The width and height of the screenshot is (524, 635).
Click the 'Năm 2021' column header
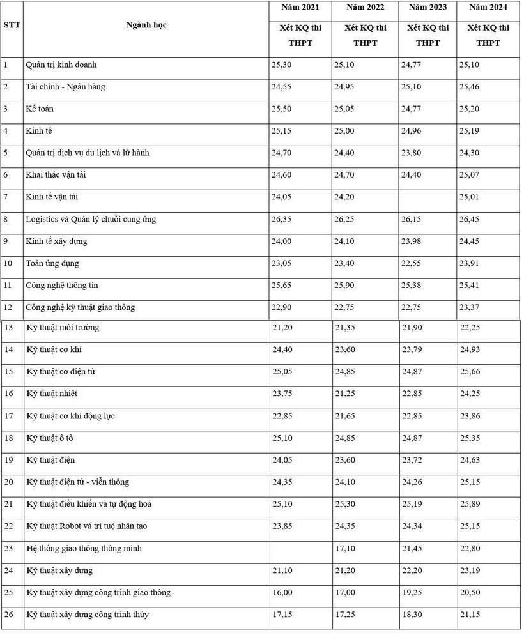[x=300, y=8]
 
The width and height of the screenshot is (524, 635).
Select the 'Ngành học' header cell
[x=146, y=26]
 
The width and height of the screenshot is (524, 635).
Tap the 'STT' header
[x=12, y=26]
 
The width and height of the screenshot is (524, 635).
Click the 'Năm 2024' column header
[x=488, y=8]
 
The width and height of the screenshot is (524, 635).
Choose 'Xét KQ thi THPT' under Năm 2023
[x=428, y=36]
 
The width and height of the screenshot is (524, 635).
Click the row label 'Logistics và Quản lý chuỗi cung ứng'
[x=91, y=220]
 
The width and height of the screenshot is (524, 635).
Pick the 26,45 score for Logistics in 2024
[x=474, y=220]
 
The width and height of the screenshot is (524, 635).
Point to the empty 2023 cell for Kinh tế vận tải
[x=428, y=197]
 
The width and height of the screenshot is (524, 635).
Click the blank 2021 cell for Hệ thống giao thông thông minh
[x=300, y=549]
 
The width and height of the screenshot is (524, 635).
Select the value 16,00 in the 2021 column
[x=282, y=593]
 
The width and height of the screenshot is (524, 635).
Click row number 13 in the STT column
[x=9, y=328]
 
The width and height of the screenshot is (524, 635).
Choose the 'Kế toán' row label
[x=40, y=109]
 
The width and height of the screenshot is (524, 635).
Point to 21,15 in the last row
[x=474, y=615]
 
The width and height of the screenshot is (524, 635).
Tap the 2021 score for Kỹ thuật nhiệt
[x=282, y=394]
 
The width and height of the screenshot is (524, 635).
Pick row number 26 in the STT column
[x=9, y=615]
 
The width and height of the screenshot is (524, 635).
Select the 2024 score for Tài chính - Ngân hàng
[x=474, y=87]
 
